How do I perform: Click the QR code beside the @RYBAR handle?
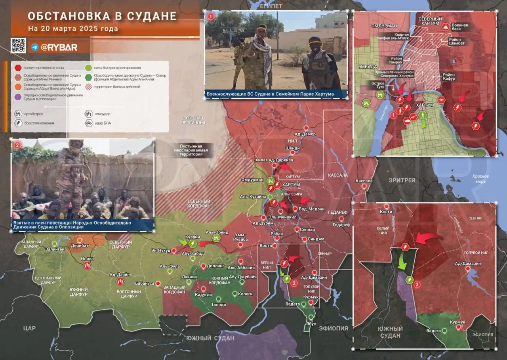pyautogui.click(x=18, y=46)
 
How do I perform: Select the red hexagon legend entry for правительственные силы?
pyautogui.click(x=18, y=68)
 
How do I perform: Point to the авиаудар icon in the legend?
pyautogui.click(x=89, y=113)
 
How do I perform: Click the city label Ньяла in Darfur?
pyautogui.click(x=87, y=259)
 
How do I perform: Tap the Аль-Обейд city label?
pyautogui.click(x=217, y=232)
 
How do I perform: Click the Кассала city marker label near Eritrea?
pyautogui.click(x=364, y=181)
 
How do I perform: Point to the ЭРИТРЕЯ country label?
pyautogui.click(x=402, y=180)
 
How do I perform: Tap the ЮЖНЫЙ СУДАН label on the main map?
pyautogui.click(x=210, y=338)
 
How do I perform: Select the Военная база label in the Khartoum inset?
pyautogui.click(x=459, y=27)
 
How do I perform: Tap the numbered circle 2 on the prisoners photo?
pyautogui.click(x=17, y=145)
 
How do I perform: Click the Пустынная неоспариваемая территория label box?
pyautogui.click(x=191, y=150)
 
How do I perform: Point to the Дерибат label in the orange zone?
pyautogui.click(x=80, y=245)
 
